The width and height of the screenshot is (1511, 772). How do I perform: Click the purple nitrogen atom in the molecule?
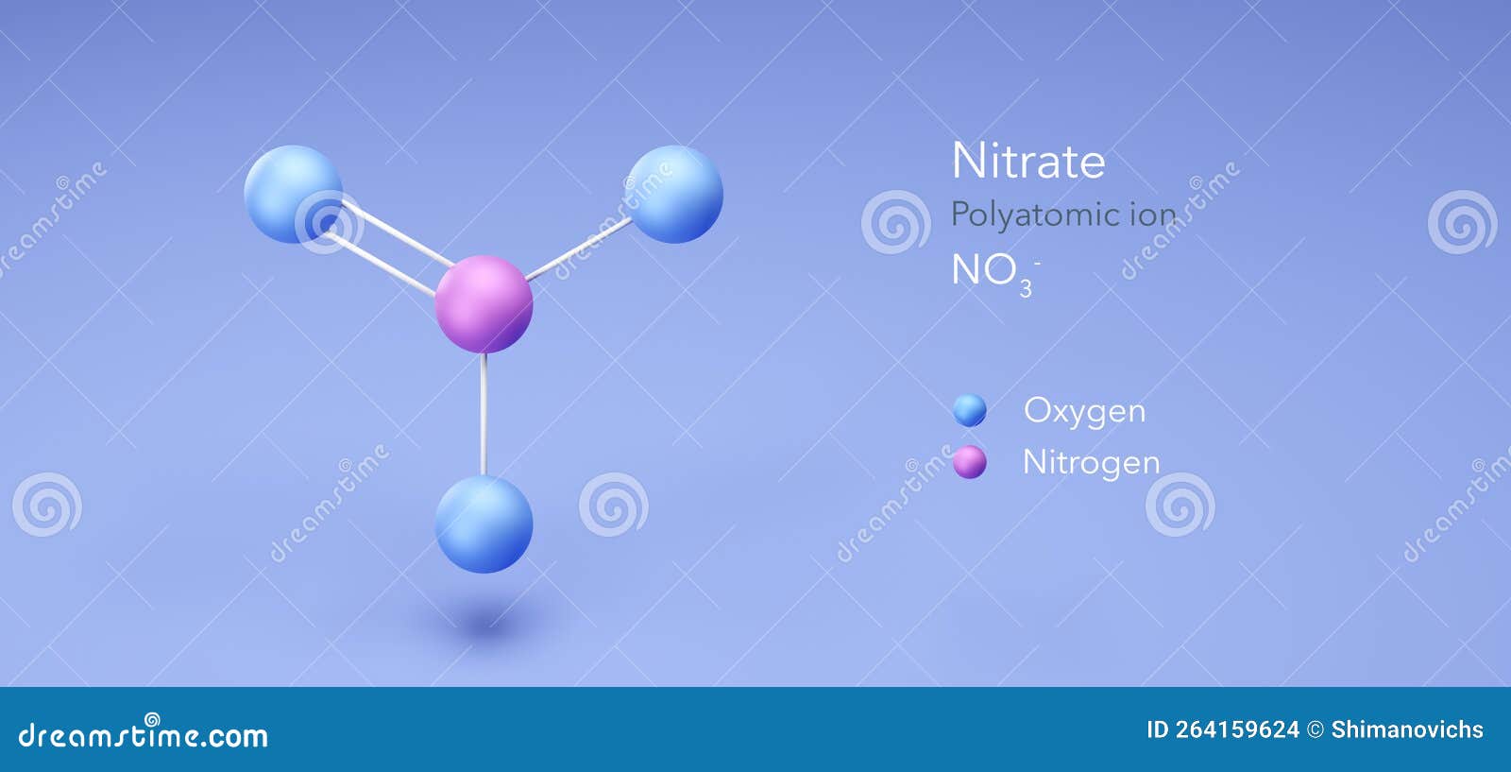click(x=484, y=303)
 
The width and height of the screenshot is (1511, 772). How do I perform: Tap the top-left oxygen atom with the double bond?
click(x=293, y=195)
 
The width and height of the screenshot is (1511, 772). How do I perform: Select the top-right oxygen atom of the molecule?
click(x=673, y=195)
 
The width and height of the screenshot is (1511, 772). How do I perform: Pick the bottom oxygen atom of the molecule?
click(x=484, y=524)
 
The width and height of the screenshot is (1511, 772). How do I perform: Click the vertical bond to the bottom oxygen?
click(x=484, y=414)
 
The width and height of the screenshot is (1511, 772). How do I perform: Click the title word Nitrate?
click(x=1027, y=161)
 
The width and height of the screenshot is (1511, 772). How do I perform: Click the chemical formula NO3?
click(x=992, y=272)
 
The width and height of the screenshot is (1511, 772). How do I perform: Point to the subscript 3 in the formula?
click(x=1026, y=288)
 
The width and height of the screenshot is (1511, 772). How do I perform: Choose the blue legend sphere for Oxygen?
click(x=970, y=410)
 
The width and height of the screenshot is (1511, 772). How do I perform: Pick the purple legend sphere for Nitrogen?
click(x=970, y=463)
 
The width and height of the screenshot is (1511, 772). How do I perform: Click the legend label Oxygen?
click(x=1084, y=411)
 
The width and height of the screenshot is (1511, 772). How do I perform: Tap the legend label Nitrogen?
click(x=1091, y=463)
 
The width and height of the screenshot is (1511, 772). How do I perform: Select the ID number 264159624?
click(x=1237, y=729)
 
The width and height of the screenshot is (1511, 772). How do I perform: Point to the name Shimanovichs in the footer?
click(x=1406, y=729)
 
